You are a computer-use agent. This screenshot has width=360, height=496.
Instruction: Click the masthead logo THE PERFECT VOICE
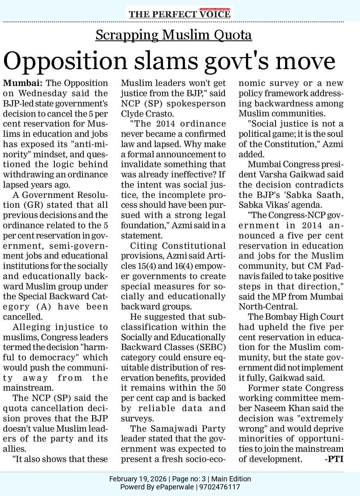(179, 14)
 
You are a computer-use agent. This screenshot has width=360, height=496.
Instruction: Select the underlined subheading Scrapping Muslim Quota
(174, 35)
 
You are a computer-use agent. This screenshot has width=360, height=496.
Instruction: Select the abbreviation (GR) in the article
(33, 205)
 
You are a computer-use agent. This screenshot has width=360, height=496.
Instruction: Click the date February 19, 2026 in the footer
(138, 479)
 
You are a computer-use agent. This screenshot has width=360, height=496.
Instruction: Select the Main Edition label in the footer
(231, 479)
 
